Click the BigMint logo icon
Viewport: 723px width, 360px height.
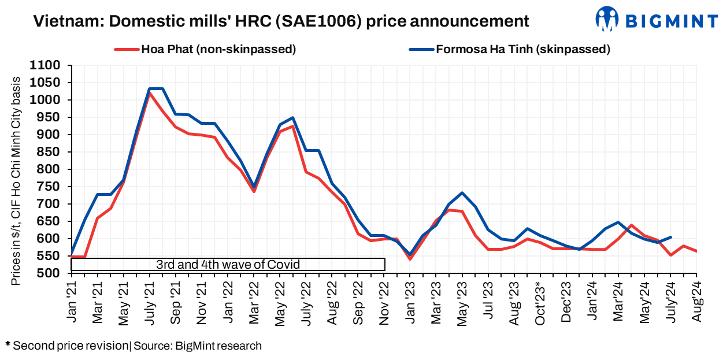(607, 18)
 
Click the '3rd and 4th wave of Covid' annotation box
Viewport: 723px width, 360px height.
(228, 264)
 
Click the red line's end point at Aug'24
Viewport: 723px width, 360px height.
(696, 251)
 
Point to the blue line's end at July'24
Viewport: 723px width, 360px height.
(670, 237)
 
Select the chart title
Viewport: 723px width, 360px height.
(281, 21)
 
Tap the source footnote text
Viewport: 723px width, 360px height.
(134, 346)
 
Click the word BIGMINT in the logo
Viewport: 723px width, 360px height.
(672, 21)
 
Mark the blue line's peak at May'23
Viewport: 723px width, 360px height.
(462, 192)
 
